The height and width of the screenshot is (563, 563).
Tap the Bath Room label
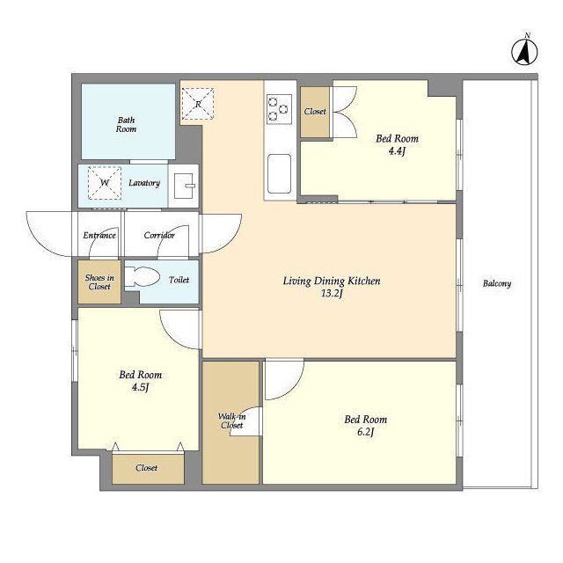[126, 124]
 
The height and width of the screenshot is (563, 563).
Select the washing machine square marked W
[105, 183]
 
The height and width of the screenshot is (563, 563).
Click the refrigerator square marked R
[198, 104]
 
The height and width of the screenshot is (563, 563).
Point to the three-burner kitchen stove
[280, 109]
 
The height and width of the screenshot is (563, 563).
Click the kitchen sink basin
[280, 174]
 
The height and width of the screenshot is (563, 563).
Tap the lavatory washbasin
[184, 186]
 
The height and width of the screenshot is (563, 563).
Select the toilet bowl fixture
[143, 277]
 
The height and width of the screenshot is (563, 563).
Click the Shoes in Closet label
[99, 282]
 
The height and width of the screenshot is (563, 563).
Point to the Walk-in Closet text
[232, 420]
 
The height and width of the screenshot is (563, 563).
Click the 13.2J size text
[332, 294]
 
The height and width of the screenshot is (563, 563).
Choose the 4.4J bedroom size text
[397, 151]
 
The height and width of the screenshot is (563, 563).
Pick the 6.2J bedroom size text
[366, 432]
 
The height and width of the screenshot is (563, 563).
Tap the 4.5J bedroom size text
[141, 387]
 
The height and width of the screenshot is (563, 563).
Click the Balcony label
[497, 283]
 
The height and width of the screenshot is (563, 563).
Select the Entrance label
[99, 235]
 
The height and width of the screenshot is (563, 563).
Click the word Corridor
[159, 235]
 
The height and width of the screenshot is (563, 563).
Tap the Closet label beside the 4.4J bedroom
[315, 112]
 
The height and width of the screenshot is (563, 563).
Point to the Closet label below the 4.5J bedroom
[147, 467]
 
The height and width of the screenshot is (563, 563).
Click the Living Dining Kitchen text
[332, 281]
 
